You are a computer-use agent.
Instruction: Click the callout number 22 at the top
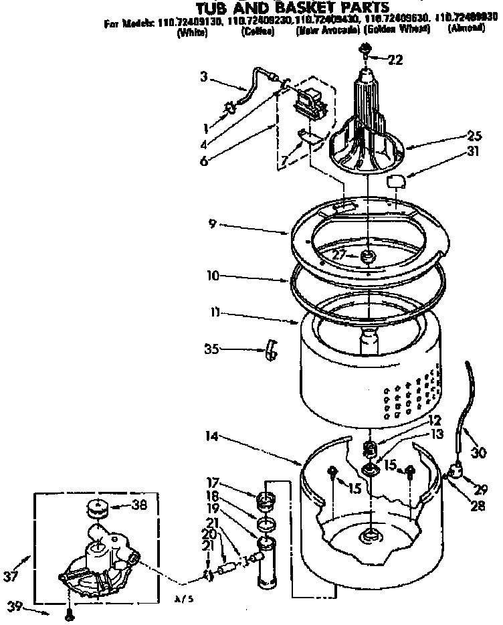click(x=395, y=60)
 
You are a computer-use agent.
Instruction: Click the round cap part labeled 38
click(x=98, y=511)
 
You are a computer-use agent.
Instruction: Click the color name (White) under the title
click(x=192, y=31)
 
